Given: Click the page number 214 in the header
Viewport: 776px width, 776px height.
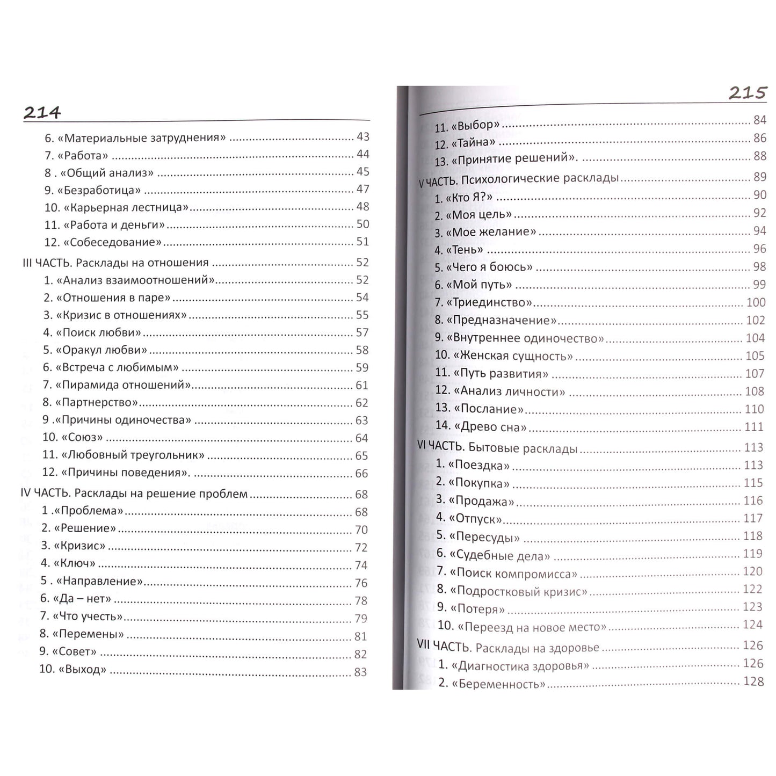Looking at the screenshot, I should click(42, 113).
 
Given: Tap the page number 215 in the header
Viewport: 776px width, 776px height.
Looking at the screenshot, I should click(747, 93).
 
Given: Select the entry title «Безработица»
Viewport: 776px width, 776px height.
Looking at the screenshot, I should click(102, 190).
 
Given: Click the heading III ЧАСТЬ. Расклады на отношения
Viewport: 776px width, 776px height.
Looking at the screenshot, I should click(115, 263).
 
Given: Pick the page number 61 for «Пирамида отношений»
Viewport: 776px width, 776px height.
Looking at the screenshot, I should click(362, 385).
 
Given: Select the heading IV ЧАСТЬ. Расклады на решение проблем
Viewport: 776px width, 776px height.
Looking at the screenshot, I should click(134, 494).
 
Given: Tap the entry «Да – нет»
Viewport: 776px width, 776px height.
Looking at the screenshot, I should click(82, 598).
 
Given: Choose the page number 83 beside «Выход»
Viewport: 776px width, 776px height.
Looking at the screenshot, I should click(360, 672).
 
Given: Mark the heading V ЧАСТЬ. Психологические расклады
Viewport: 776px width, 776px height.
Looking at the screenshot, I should click(519, 179).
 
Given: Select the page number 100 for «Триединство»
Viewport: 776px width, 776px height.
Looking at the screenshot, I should click(756, 302).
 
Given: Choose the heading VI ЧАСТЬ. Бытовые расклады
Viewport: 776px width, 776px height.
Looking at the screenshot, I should click(497, 447).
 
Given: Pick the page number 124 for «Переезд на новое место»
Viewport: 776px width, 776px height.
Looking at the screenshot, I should click(752, 625).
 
